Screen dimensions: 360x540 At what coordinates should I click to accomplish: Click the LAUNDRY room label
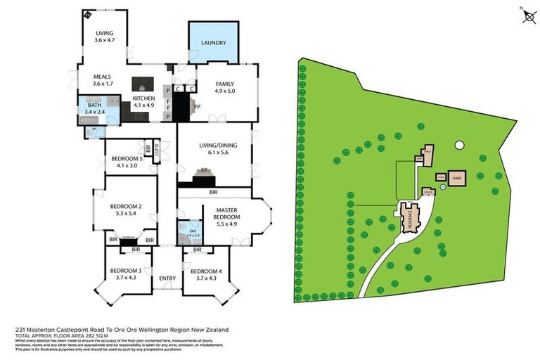[x=214, y=43]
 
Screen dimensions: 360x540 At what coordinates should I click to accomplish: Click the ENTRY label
[x=168, y=279]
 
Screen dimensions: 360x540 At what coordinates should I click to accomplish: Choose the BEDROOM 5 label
[x=127, y=159]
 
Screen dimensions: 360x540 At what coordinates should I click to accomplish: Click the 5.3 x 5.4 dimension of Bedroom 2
[x=127, y=214]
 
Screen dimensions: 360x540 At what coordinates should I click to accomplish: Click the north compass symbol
[x=527, y=15]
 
